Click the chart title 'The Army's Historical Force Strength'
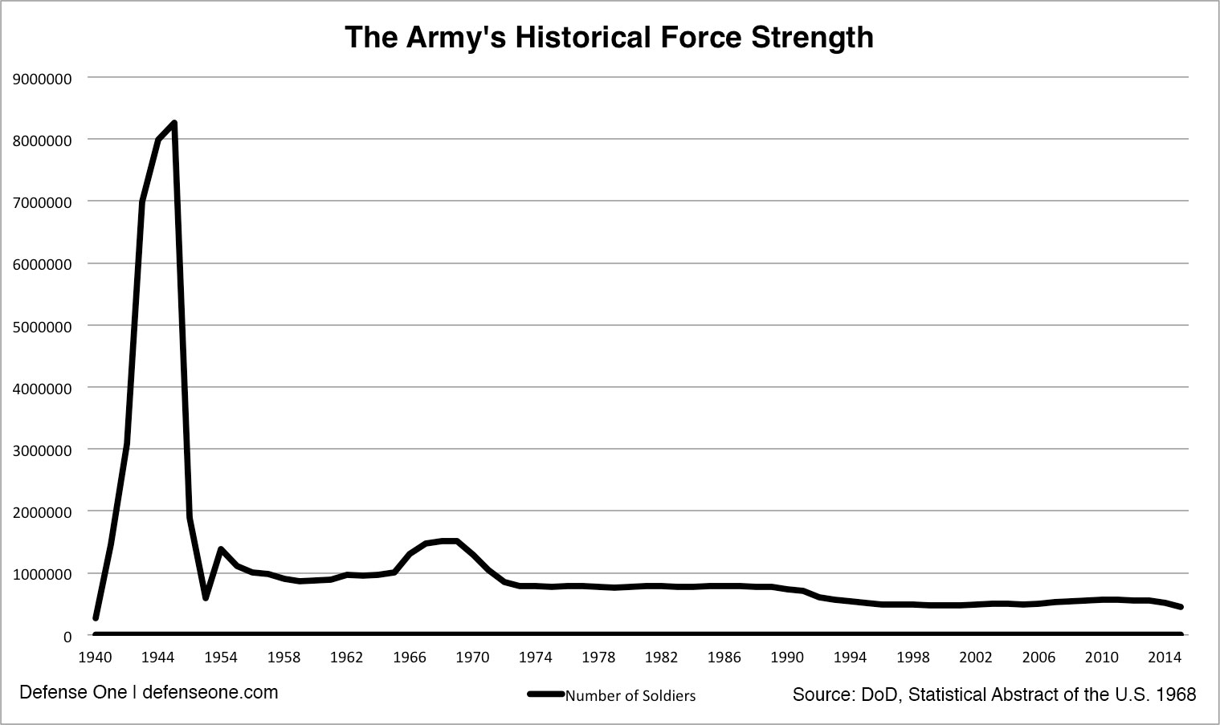(609, 38)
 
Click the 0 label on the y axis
(67, 637)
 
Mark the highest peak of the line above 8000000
(173, 123)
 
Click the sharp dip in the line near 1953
(206, 597)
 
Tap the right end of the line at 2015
(1181, 607)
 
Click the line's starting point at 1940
(96, 618)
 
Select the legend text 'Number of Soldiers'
(630, 696)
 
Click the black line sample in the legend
(546, 694)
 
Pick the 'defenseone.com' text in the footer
(210, 692)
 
